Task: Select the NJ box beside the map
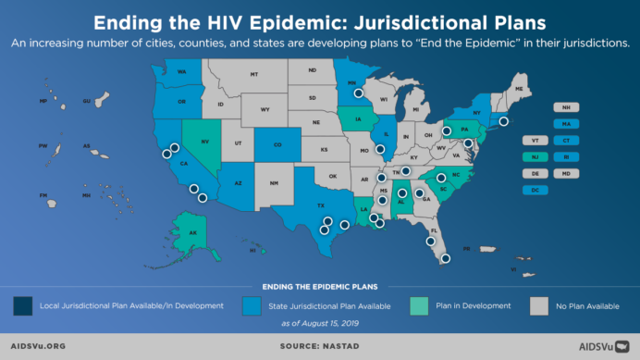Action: pos(536,156)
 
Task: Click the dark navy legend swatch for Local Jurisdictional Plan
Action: pos(21,304)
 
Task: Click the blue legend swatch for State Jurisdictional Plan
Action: pos(250,304)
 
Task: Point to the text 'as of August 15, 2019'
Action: pos(320,324)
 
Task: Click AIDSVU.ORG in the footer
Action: pos(39,347)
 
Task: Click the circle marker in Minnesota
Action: pos(359,93)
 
